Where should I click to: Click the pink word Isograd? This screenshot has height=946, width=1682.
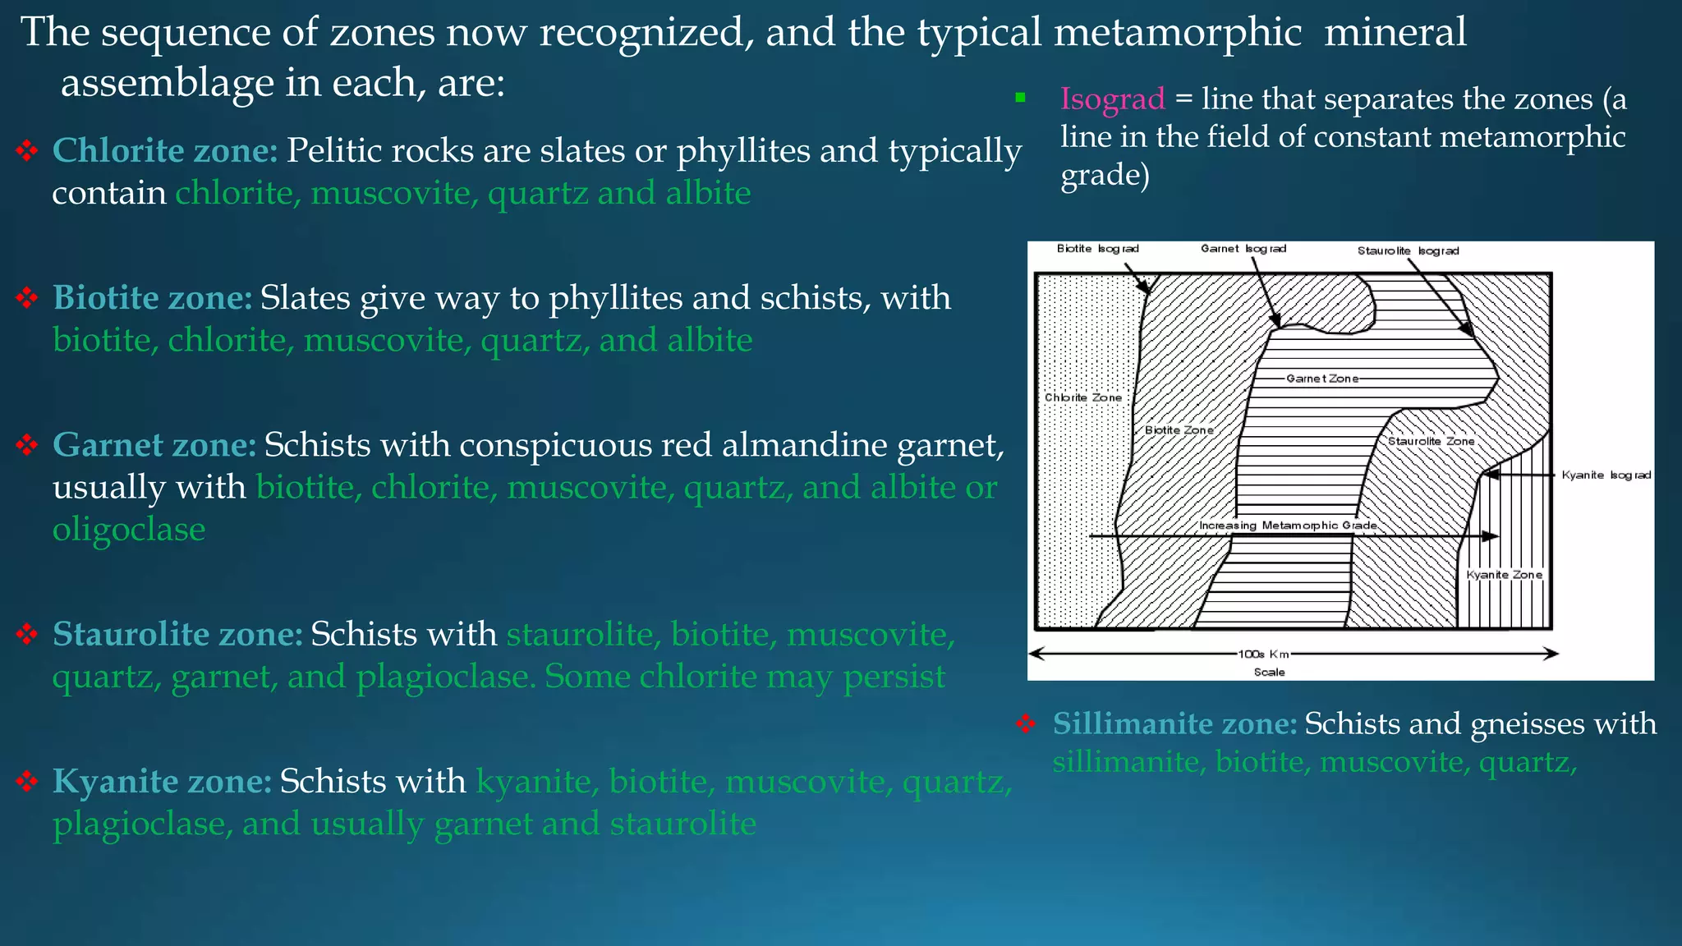(1112, 99)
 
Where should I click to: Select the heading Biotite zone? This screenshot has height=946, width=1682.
(153, 297)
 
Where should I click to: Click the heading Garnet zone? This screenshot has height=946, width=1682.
(154, 444)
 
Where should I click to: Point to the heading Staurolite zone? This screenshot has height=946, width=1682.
(177, 634)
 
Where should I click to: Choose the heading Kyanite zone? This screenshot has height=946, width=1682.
(162, 781)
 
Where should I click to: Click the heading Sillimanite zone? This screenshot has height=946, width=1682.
(1174, 723)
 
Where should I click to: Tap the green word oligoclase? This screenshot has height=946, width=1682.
(129, 530)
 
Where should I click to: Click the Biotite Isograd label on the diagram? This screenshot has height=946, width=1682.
(1097, 249)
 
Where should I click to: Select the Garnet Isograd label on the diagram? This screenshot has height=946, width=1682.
(1243, 249)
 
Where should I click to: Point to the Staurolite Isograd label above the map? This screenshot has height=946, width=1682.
(1408, 251)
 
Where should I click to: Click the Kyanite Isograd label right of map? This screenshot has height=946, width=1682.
(1606, 475)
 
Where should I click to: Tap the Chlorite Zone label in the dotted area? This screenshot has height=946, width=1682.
(1082, 397)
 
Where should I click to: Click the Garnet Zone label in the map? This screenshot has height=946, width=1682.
(1321, 379)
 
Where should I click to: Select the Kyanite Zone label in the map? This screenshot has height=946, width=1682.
(1504, 575)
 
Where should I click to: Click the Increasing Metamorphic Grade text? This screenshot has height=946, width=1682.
(1288, 526)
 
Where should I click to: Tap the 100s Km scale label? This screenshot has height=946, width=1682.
(1263, 654)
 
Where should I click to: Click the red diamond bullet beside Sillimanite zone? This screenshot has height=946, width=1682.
(1026, 724)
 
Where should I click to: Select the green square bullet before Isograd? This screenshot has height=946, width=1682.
(1020, 98)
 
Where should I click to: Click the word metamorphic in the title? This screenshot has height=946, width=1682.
(1177, 33)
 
